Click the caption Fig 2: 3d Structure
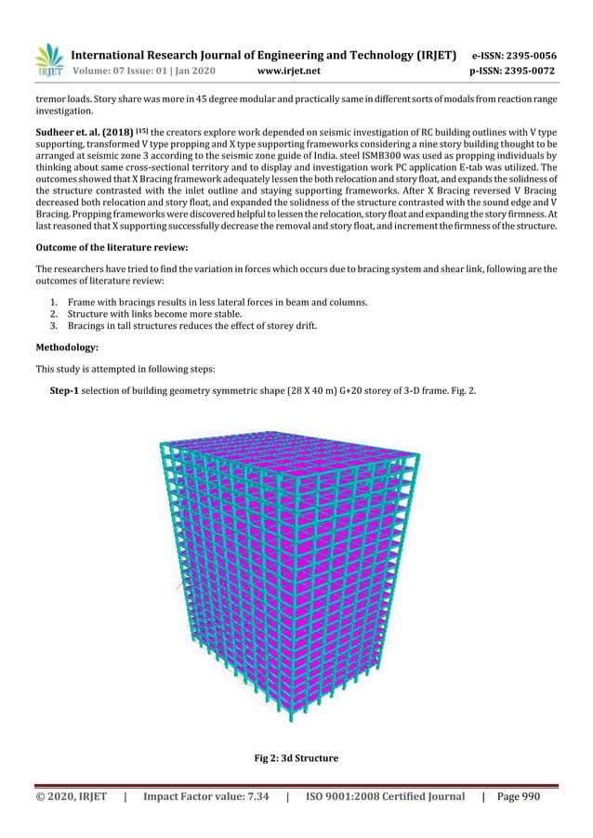(296, 759)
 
